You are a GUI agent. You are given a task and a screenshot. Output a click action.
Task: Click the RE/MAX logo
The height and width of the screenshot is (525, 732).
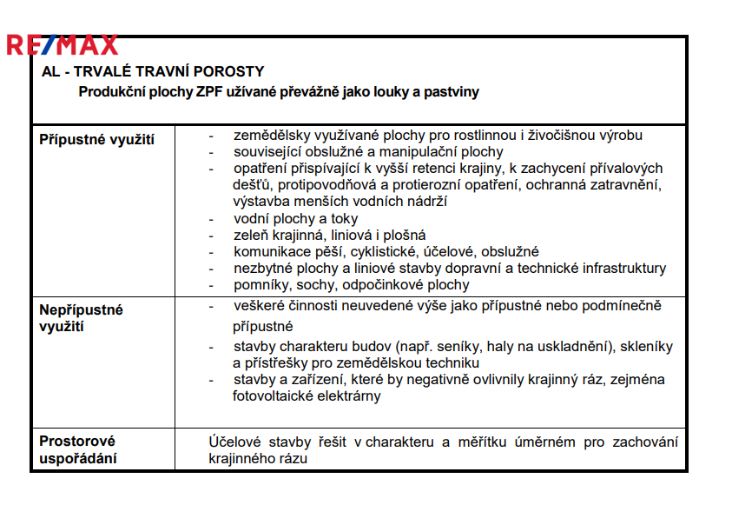[62, 44]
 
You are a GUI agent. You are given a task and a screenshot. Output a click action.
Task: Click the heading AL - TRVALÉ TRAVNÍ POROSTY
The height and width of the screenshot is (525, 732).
[153, 71]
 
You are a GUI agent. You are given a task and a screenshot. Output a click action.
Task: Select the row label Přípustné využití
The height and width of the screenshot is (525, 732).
[97, 139]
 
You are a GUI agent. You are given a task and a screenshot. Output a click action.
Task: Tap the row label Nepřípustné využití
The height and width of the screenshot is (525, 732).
[82, 318]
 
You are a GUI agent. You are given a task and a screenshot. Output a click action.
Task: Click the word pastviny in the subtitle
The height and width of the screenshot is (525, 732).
[450, 91]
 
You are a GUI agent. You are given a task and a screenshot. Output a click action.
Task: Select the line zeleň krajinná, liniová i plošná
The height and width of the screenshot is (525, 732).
[329, 236]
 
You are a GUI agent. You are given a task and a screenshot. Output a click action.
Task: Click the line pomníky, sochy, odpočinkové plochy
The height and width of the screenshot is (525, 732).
[351, 284]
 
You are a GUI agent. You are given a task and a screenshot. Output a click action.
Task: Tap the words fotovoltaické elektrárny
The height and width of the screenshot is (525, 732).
[307, 396]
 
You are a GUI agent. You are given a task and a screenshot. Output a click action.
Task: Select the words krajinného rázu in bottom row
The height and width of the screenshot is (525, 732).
[259, 459]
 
